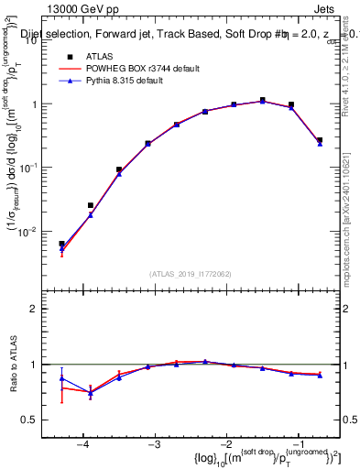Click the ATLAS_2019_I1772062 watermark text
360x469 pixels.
click(x=191, y=274)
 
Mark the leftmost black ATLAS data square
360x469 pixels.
click(x=61, y=244)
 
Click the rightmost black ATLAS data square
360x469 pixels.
click(x=319, y=140)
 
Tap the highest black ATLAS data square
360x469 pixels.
click(x=262, y=100)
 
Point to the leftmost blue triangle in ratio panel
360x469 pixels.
click(x=61, y=377)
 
